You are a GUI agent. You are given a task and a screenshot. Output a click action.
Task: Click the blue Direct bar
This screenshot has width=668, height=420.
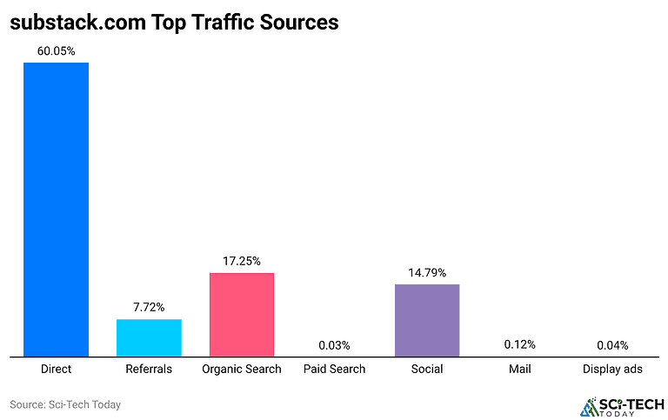click(56, 209)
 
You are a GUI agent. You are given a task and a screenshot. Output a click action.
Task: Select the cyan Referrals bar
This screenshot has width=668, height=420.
click(149, 337)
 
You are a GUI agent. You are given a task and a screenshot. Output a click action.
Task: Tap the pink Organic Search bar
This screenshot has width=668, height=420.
click(242, 314)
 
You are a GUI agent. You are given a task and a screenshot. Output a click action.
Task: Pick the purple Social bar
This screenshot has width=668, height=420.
click(427, 320)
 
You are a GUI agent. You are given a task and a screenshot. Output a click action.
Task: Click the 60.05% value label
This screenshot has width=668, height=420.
click(56, 51)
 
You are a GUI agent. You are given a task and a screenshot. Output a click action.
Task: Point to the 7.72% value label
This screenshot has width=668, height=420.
click(149, 307)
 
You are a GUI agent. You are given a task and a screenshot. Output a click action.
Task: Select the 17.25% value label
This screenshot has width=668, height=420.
click(242, 261)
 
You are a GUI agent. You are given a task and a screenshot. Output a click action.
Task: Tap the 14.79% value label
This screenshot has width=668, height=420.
click(427, 272)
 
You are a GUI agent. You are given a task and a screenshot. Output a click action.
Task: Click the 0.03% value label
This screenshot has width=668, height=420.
click(335, 345)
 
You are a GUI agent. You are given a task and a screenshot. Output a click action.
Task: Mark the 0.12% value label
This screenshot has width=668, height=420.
click(520, 344)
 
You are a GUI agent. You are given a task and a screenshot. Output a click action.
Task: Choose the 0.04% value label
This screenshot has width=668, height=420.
click(612, 345)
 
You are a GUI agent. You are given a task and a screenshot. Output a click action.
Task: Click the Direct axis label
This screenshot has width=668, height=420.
click(56, 369)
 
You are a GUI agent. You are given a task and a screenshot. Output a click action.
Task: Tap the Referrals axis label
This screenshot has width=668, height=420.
click(149, 369)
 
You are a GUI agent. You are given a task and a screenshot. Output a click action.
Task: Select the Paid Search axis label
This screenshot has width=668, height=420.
click(335, 369)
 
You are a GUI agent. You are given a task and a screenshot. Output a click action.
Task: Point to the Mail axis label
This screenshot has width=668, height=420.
click(520, 369)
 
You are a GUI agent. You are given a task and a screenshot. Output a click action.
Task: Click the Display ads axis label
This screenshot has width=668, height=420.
click(612, 369)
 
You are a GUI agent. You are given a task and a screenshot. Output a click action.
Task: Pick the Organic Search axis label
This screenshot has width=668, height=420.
click(242, 369)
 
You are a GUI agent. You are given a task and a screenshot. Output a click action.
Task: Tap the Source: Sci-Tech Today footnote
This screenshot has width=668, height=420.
click(65, 404)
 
